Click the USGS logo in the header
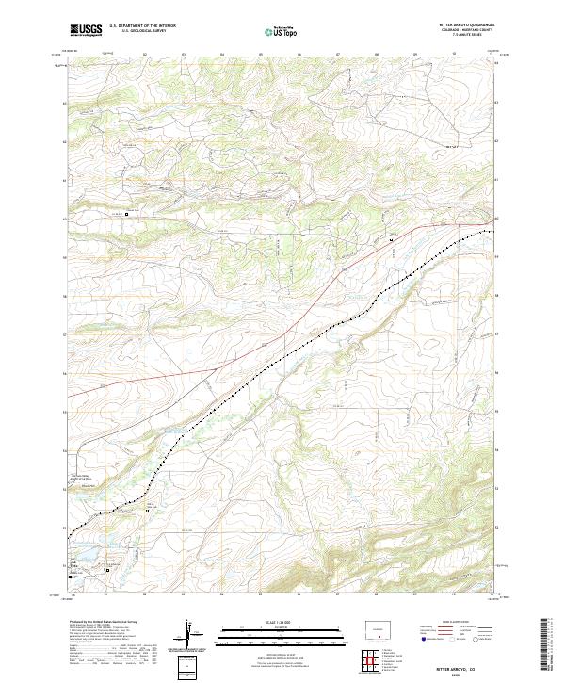click(x=86, y=30)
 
